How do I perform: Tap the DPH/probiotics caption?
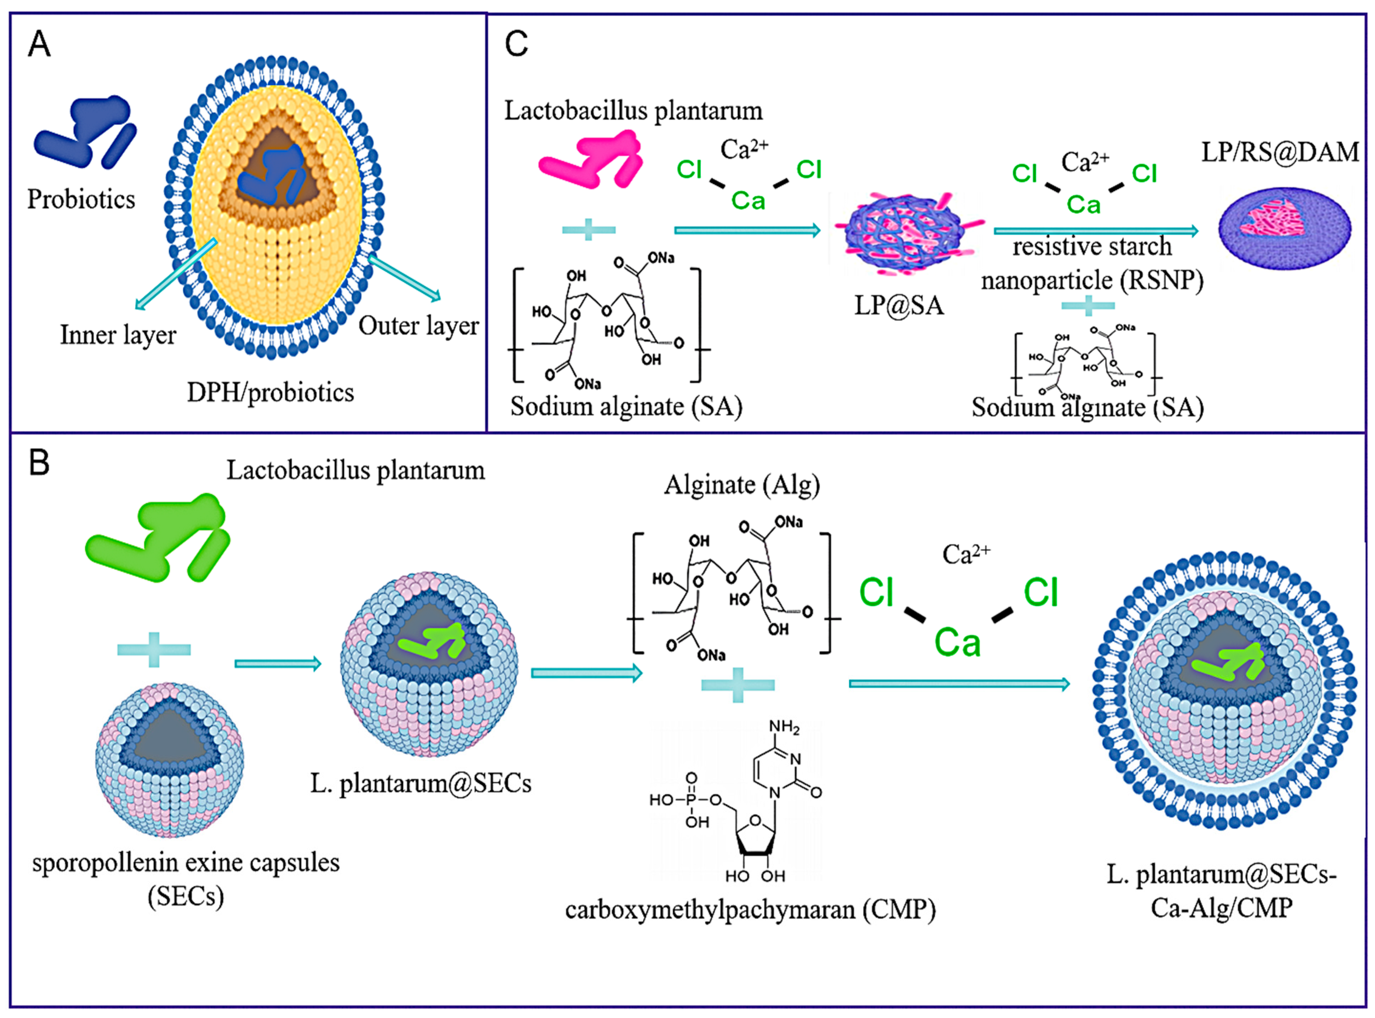(271, 392)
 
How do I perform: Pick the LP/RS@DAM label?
(1280, 152)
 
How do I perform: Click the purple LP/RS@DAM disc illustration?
(1285, 228)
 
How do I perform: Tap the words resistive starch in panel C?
(1092, 246)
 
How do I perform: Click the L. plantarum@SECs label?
(421, 783)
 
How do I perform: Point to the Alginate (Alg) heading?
(742, 485)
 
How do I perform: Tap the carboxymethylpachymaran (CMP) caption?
(750, 909)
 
